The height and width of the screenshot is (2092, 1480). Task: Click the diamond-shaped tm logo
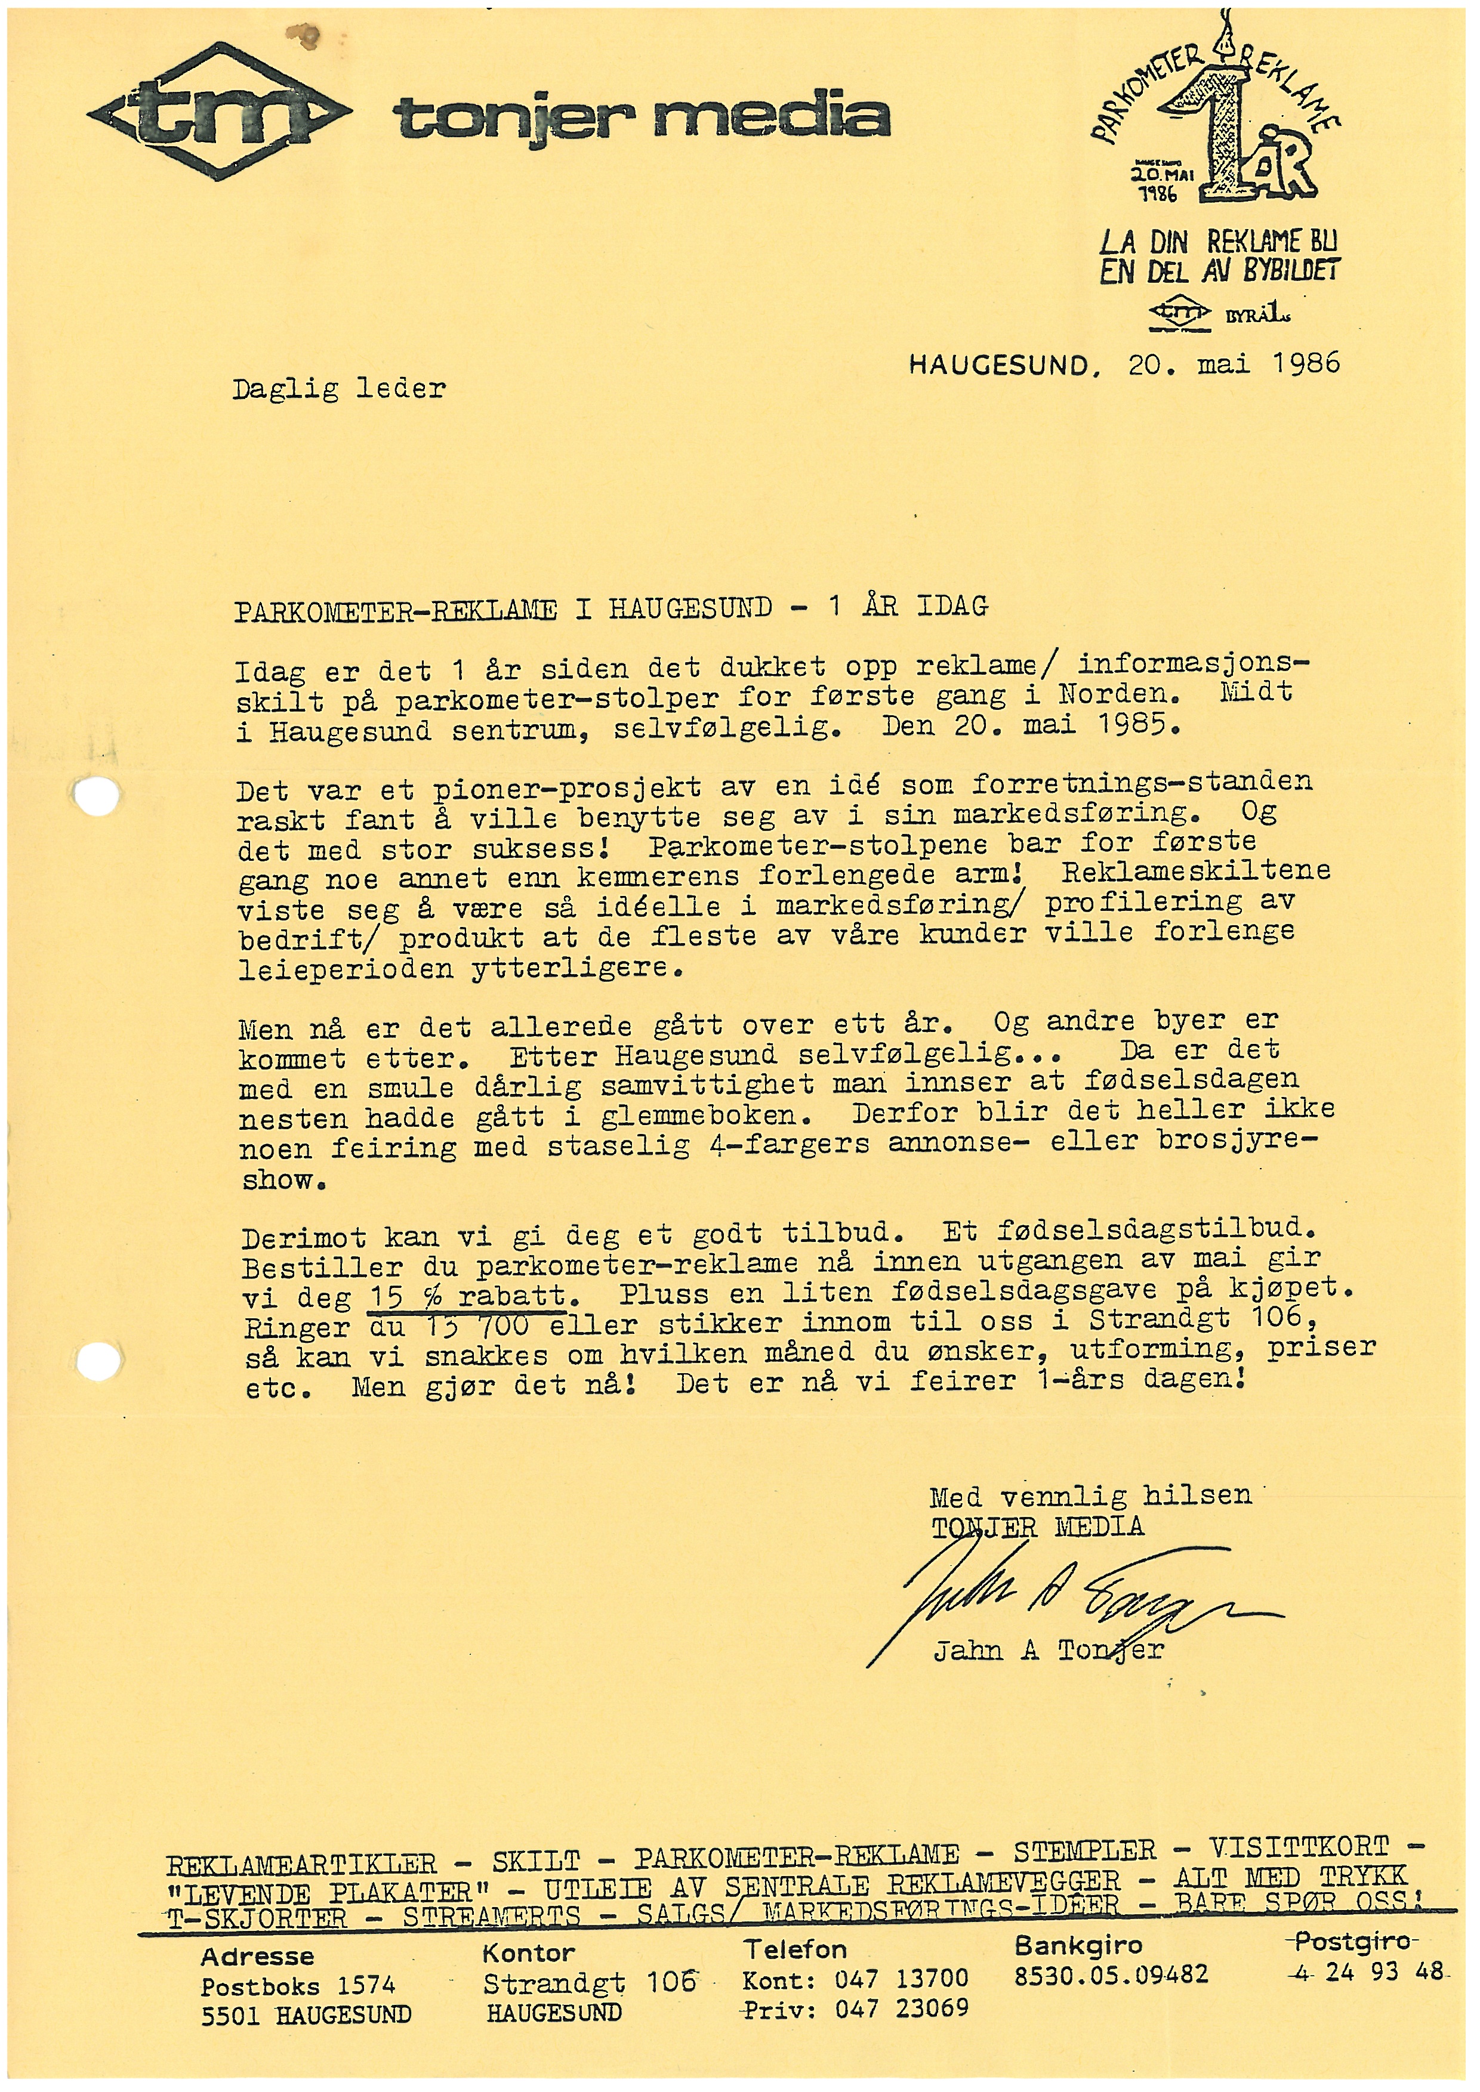pos(219,112)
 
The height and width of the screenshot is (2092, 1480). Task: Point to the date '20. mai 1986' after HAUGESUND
pos(1234,364)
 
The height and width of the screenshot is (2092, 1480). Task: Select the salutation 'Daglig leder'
pos(339,390)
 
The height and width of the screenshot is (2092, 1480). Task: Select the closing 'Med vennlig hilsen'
pos(1090,1496)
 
